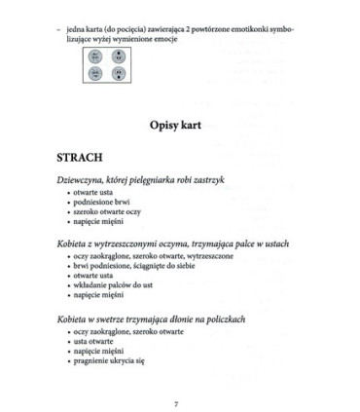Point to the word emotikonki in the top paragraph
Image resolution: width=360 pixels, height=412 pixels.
coord(265,28)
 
